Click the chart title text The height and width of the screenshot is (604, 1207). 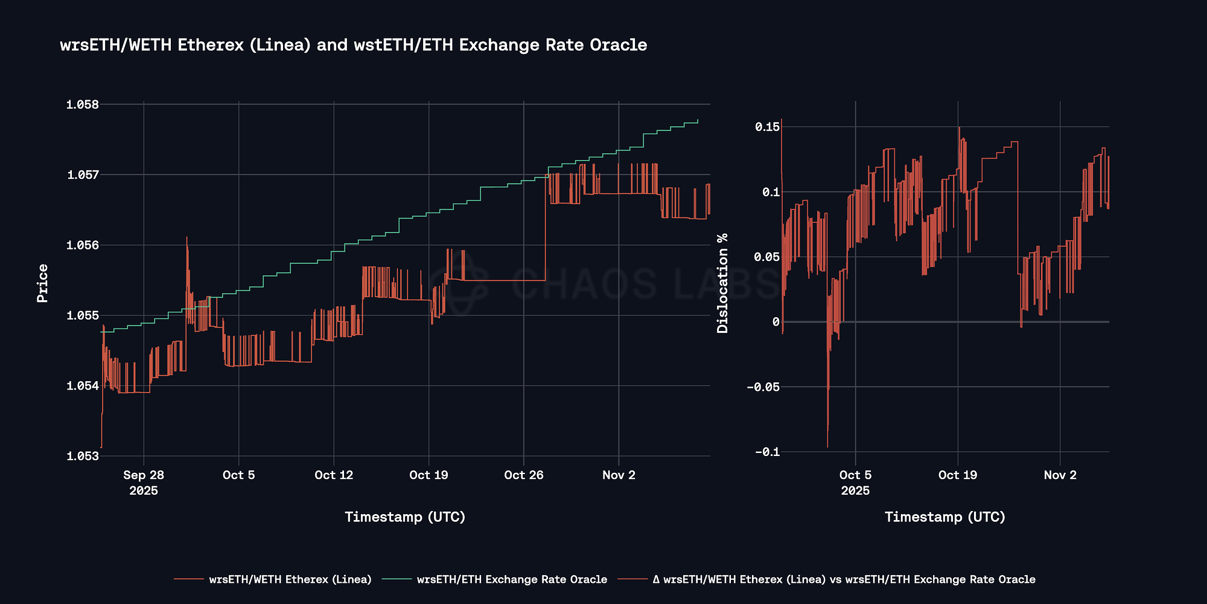click(x=353, y=45)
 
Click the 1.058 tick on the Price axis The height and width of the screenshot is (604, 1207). click(x=83, y=104)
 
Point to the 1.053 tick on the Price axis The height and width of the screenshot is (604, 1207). click(x=83, y=456)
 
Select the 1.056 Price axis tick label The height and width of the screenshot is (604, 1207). click(x=83, y=245)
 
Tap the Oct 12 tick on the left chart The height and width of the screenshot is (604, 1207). click(x=334, y=475)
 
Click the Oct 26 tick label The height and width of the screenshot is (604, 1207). click(x=524, y=475)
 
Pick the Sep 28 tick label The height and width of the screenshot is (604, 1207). click(x=144, y=475)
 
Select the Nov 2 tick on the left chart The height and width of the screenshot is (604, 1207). click(x=619, y=475)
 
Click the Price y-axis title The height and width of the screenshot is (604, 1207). click(x=42, y=283)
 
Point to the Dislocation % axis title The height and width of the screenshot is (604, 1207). click(x=722, y=283)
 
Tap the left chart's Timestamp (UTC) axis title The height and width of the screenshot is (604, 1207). click(x=405, y=517)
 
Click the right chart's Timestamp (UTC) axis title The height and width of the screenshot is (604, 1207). click(x=945, y=517)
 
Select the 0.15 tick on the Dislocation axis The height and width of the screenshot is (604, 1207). click(x=767, y=127)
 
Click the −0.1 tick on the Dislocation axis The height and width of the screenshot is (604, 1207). click(x=763, y=452)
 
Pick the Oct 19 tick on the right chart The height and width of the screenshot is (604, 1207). click(x=958, y=475)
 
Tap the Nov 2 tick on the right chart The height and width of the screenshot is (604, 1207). click(x=1060, y=475)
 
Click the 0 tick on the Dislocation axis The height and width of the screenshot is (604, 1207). click(x=775, y=322)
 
